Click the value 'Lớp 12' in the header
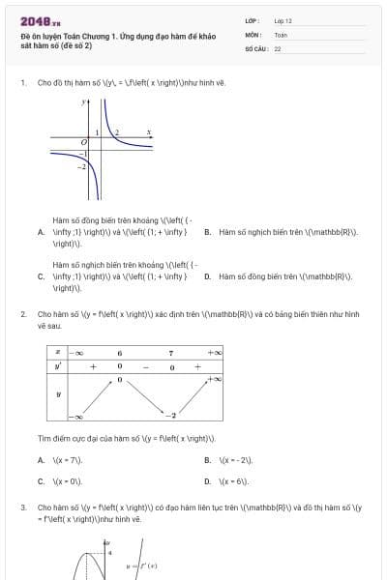(283, 20)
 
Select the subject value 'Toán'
(281, 34)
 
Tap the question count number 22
(278, 47)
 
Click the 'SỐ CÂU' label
(254, 47)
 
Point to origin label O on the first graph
(84, 141)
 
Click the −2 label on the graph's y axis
(83, 167)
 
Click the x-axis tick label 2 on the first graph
(117, 132)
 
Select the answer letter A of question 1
(41, 232)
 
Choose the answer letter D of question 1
(208, 276)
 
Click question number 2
(22, 315)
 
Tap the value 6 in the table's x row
(120, 353)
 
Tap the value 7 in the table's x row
(170, 353)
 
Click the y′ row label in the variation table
(58, 366)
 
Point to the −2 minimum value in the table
(170, 415)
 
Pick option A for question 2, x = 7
(41, 460)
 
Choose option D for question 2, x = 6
(208, 480)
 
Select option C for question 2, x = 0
(41, 480)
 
